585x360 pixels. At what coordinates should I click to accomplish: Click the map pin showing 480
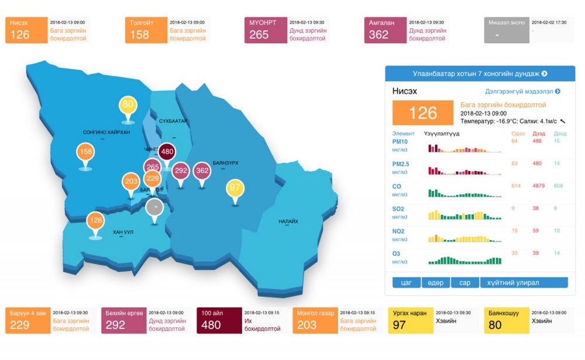click(167, 151)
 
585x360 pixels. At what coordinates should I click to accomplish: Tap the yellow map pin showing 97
click(235, 188)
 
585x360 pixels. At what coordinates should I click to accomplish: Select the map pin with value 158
click(85, 152)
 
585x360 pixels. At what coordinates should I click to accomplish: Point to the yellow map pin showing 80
click(128, 105)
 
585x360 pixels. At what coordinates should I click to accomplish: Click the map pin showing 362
click(202, 170)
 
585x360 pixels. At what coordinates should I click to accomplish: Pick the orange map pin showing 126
click(95, 221)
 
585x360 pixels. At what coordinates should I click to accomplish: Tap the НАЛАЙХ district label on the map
click(288, 221)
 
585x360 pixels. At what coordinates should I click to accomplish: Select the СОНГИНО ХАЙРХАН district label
click(106, 132)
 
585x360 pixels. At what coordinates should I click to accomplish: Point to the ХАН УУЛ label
click(123, 232)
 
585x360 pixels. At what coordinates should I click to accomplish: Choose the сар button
click(464, 283)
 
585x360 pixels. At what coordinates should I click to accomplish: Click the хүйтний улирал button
click(524, 283)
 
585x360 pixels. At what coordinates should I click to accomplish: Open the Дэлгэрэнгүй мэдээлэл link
click(522, 91)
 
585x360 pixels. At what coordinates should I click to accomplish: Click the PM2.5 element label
click(401, 164)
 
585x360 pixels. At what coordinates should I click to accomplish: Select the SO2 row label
click(398, 208)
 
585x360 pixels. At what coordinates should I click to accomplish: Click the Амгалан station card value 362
click(378, 35)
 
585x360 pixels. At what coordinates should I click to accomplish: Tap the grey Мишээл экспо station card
click(506, 30)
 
